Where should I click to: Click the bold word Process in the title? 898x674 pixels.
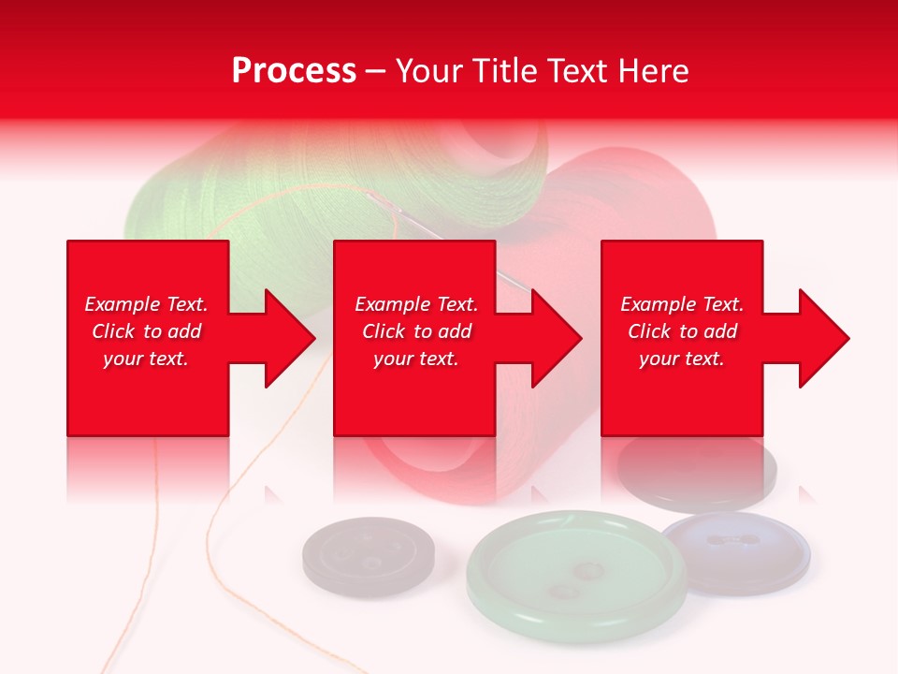294,71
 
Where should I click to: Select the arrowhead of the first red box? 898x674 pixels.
290,338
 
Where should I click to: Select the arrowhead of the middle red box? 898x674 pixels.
558,338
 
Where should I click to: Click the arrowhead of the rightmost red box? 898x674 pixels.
824,338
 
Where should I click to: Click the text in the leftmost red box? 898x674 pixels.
146,331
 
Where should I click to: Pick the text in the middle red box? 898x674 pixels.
415,331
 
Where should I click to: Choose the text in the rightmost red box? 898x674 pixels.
682,331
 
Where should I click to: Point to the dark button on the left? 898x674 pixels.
369,558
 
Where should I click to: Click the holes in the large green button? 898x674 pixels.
576,579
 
